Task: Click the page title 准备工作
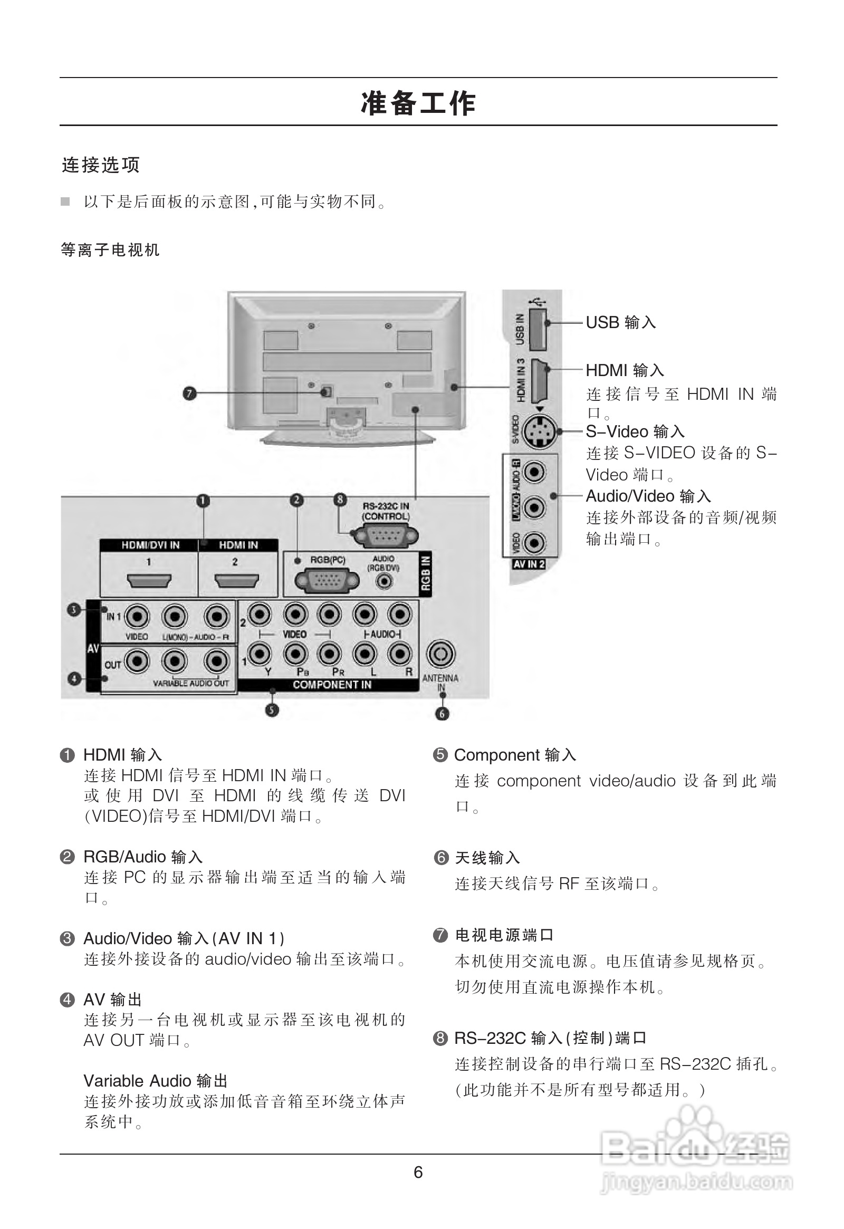(418, 103)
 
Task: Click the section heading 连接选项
(100, 165)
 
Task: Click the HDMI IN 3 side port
(539, 380)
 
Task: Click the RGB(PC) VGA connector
(327, 581)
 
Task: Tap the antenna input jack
(440, 655)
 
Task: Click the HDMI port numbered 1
(149, 582)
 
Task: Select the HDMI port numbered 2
(236, 582)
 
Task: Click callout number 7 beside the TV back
(189, 393)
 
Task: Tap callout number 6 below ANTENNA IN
(442, 714)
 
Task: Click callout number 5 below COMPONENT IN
(272, 709)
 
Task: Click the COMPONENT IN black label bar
(332, 685)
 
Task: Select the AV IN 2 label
(529, 564)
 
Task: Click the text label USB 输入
(621, 322)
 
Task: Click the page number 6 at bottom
(418, 1173)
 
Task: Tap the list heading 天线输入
(487, 858)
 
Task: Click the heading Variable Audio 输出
(156, 1081)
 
